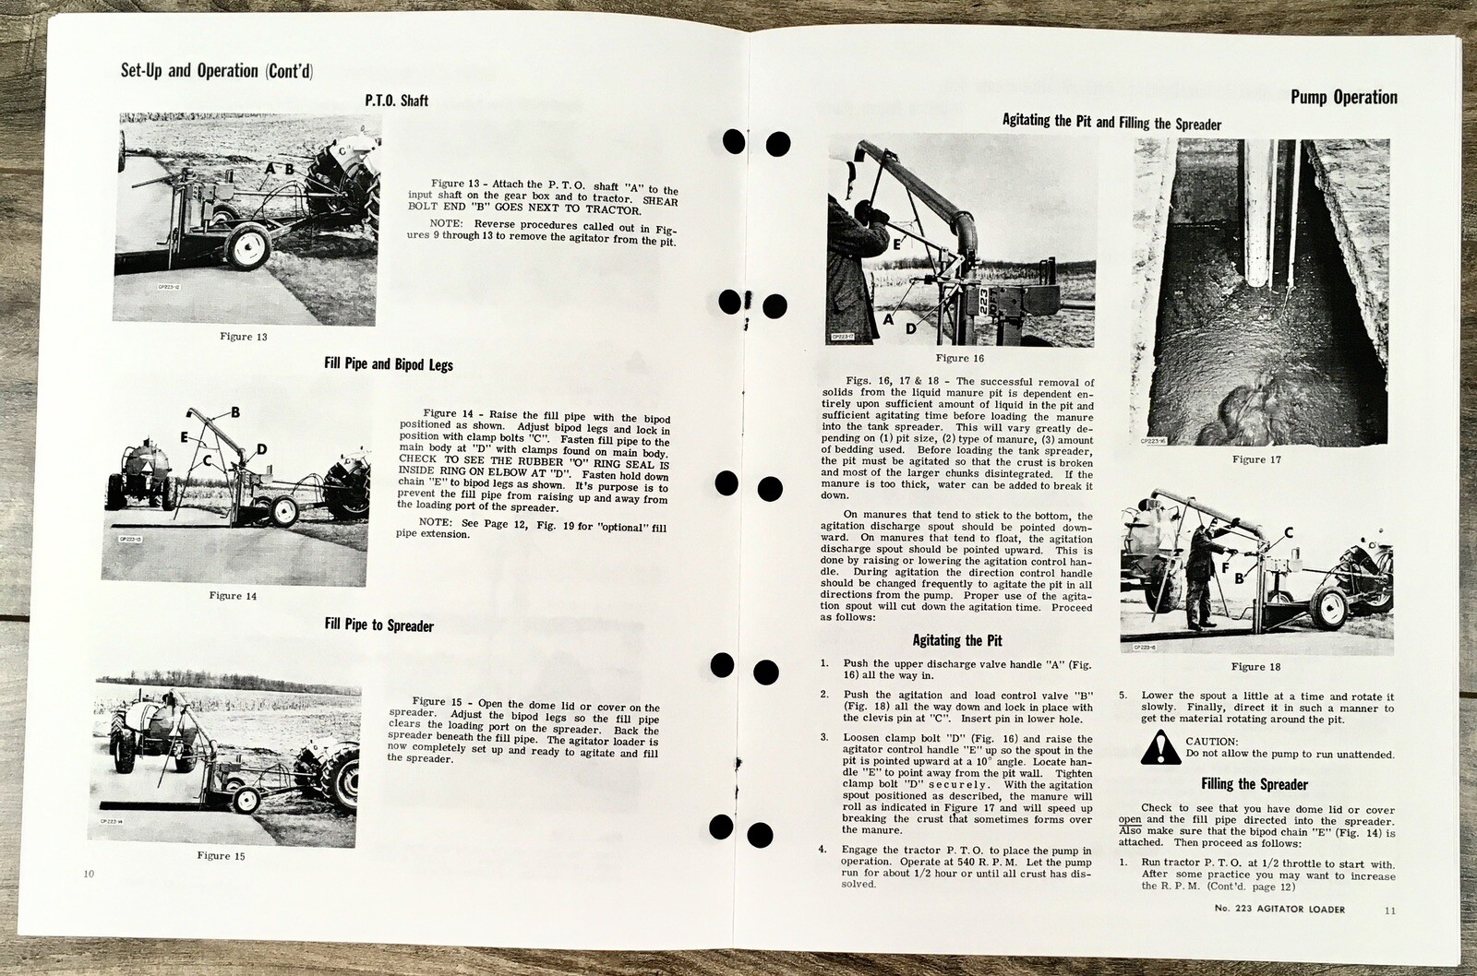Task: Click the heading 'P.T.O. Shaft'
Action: pyautogui.click(x=396, y=100)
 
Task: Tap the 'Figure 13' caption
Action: pyautogui.click(x=244, y=337)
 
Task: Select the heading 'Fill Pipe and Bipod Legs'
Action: pyautogui.click(x=389, y=364)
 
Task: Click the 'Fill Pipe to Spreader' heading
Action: pyautogui.click(x=379, y=625)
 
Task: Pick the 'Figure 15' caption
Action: pyautogui.click(x=222, y=856)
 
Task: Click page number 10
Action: pyautogui.click(x=89, y=874)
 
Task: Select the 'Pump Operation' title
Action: pyautogui.click(x=1343, y=98)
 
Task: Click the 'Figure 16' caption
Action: pyautogui.click(x=960, y=358)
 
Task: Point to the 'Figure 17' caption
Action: pyautogui.click(x=1255, y=459)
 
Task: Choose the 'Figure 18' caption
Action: pyautogui.click(x=1255, y=667)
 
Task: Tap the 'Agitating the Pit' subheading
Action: pyautogui.click(x=957, y=640)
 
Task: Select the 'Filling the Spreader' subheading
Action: pyautogui.click(x=1255, y=785)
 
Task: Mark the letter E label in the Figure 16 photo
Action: pyautogui.click(x=895, y=243)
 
